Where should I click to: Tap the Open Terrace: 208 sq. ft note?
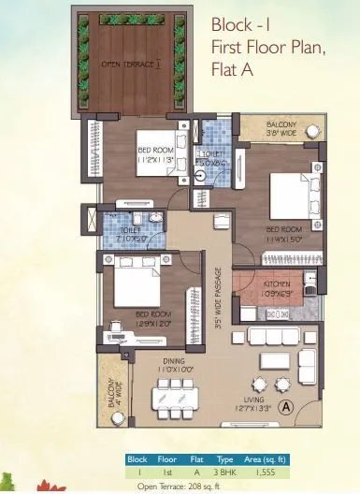(180, 487)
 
